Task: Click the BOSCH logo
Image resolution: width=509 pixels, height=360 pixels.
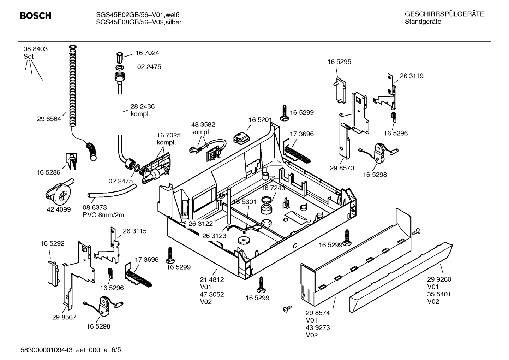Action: (36, 16)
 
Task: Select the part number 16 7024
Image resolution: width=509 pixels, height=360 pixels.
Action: (147, 53)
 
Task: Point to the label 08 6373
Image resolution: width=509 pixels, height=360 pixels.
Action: (95, 207)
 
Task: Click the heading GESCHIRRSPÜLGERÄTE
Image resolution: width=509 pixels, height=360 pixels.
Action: (444, 14)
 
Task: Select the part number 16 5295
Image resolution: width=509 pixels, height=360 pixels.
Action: (339, 62)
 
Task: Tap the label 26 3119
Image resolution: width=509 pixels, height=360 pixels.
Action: (411, 76)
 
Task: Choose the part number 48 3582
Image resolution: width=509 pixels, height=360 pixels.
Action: (203, 124)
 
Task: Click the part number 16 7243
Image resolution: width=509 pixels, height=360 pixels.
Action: (273, 188)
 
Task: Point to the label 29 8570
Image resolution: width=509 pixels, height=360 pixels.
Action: (342, 168)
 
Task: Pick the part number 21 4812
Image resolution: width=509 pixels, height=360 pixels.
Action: (212, 279)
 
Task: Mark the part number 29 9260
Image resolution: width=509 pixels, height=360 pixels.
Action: (439, 279)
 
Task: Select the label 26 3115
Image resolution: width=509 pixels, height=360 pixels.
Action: (134, 231)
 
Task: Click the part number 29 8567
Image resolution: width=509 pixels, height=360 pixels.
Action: (64, 317)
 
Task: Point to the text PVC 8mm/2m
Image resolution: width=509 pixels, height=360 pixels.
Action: (103, 215)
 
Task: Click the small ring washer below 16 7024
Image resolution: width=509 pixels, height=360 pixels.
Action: (119, 67)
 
